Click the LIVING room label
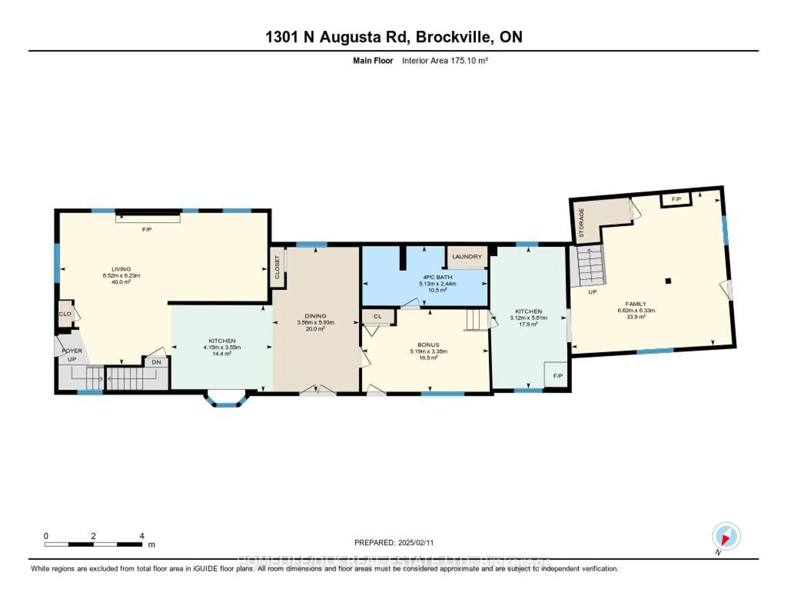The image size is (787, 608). [x=121, y=269]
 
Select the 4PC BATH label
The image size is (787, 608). [x=438, y=277]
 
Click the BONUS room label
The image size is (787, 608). [x=429, y=345]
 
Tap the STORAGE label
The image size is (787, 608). [x=581, y=223]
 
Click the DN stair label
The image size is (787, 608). [x=156, y=362]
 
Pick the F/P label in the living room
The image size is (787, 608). [x=147, y=229]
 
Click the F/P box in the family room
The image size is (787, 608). [x=676, y=199]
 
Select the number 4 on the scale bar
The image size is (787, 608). [x=142, y=536]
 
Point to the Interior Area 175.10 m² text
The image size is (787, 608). [x=445, y=60]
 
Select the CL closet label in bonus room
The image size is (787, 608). [x=377, y=317]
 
